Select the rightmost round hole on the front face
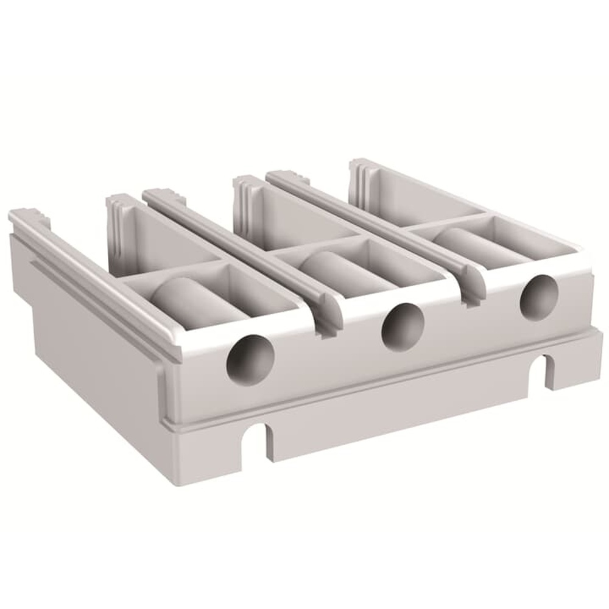[x=538, y=296]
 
